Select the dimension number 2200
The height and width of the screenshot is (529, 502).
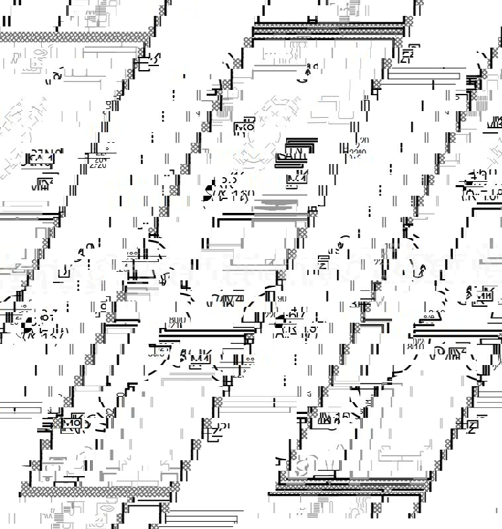[x=358, y=153]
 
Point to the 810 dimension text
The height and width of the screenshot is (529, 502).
[x=416, y=345]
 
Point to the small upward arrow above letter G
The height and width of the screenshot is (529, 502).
[x=306, y=67]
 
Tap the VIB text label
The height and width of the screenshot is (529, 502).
[x=494, y=123]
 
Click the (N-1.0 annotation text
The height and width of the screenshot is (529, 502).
[x=480, y=196]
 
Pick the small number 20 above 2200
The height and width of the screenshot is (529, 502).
[x=362, y=141]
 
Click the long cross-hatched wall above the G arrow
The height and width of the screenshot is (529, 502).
[x=329, y=30]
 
